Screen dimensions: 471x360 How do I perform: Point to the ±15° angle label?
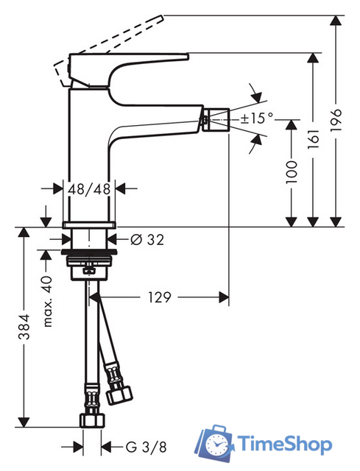pos(257,117)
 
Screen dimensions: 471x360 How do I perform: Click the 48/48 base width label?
pos(89,189)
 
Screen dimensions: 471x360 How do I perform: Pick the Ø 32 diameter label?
pos(147,239)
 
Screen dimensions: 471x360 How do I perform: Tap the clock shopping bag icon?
pos(216,442)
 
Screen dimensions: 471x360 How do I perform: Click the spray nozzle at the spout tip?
pos(216,116)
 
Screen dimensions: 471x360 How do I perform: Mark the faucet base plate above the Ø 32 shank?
pos(89,224)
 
